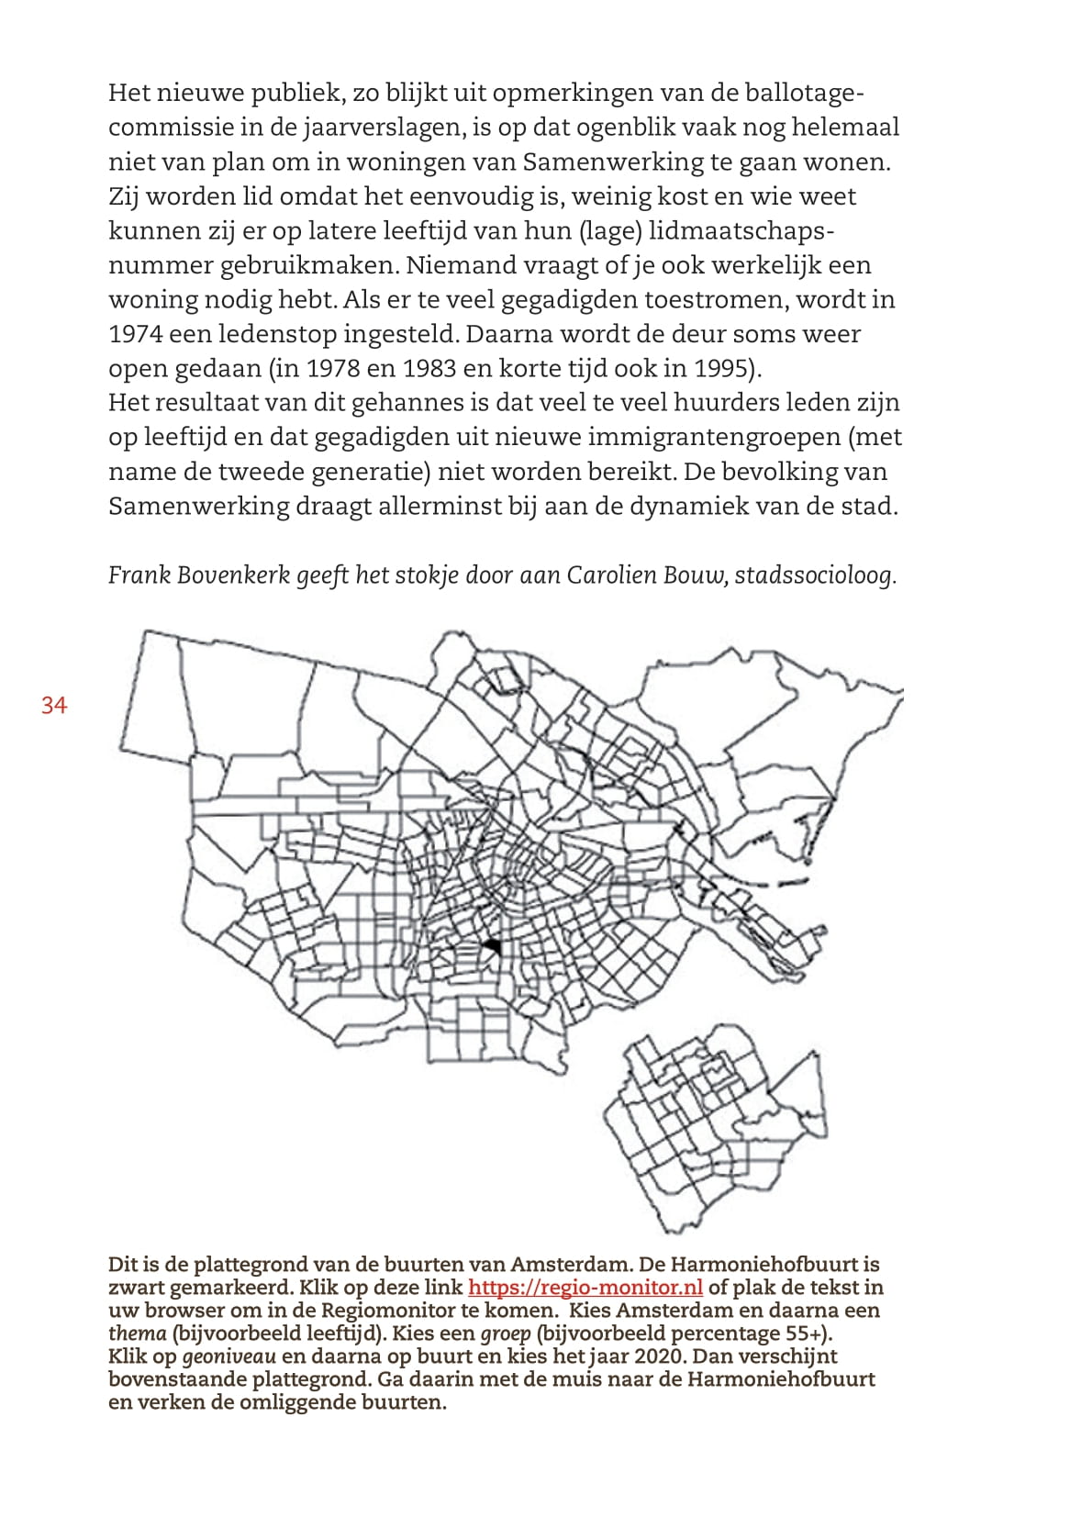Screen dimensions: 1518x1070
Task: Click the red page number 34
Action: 54,705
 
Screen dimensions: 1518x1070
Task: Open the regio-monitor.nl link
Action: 585,1288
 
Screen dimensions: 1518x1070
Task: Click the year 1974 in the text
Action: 134,334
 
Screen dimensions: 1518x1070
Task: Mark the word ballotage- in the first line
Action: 805,93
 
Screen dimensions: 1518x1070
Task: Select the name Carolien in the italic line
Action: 609,575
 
